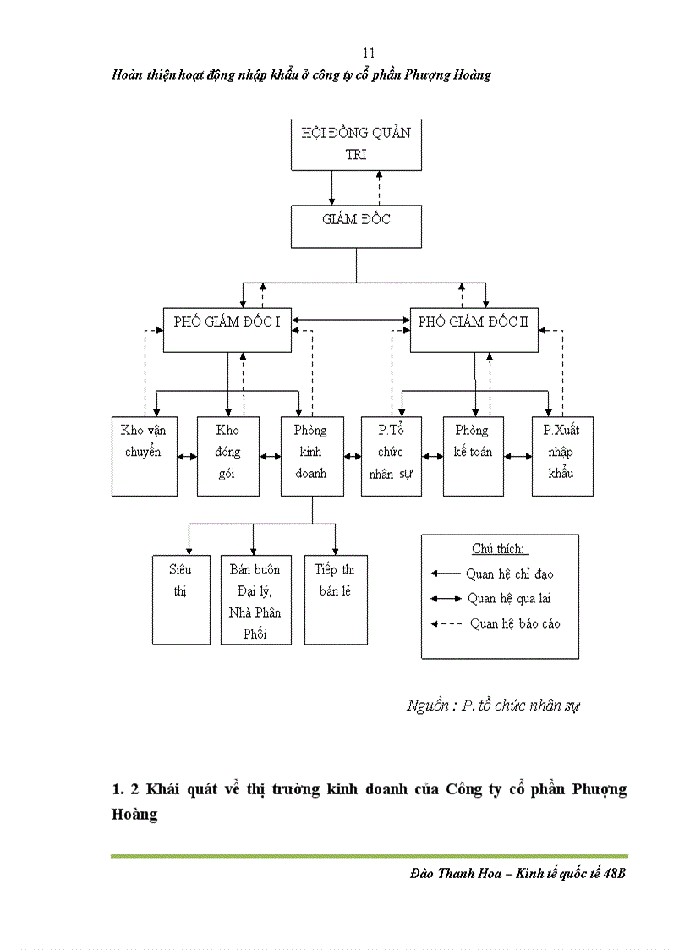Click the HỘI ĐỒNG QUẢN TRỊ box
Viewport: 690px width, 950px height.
[356, 146]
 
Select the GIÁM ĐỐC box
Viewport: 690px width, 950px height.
[356, 226]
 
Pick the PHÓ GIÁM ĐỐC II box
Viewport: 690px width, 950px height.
[474, 329]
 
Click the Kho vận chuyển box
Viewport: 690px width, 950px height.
[145, 455]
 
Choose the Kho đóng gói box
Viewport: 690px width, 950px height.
[227, 455]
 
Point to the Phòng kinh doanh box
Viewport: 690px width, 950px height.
[312, 455]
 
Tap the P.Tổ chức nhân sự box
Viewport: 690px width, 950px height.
[391, 455]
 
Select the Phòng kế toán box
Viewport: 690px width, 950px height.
[473, 455]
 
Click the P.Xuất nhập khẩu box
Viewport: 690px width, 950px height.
[561, 455]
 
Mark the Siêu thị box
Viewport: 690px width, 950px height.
[180, 599]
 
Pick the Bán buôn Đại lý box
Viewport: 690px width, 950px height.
[255, 599]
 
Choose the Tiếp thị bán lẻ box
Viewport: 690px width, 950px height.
[336, 599]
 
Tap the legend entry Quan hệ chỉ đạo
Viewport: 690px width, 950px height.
[509, 574]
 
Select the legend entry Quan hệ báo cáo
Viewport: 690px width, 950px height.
[514, 623]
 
